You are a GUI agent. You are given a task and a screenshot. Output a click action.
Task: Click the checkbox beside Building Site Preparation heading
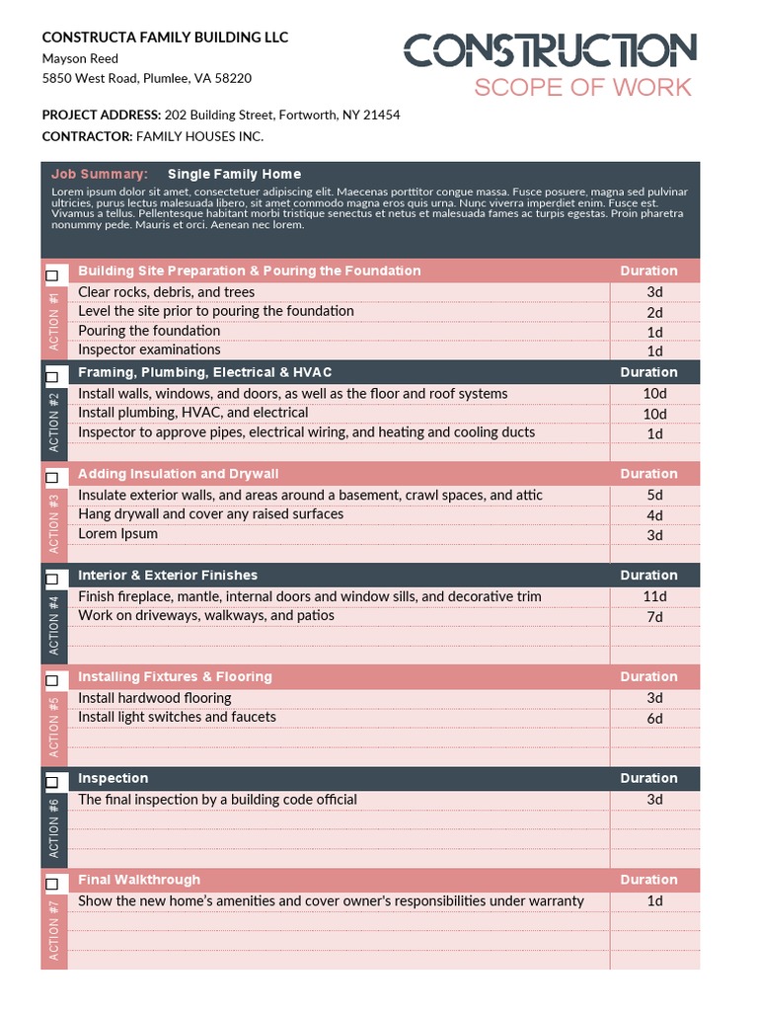(x=52, y=274)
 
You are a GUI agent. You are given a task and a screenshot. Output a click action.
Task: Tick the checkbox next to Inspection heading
(x=52, y=782)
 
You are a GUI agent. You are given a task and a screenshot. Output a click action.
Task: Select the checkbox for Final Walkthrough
(x=52, y=884)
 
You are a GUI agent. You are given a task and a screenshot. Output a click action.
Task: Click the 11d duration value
(x=654, y=596)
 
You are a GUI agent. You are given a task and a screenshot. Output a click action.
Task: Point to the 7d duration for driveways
(x=654, y=617)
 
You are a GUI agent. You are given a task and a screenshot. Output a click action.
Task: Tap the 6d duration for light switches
(x=654, y=719)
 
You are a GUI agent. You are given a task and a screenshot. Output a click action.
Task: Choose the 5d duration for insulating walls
(x=654, y=495)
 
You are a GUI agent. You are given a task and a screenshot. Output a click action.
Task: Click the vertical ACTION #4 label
(x=54, y=626)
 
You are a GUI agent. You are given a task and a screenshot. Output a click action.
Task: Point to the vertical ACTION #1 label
(x=54, y=322)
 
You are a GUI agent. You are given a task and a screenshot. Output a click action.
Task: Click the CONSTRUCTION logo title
(x=550, y=51)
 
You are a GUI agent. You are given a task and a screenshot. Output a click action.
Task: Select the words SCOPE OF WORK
(x=582, y=87)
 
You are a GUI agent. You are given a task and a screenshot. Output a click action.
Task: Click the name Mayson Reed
(x=80, y=58)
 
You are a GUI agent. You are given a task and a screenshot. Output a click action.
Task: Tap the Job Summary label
(x=100, y=174)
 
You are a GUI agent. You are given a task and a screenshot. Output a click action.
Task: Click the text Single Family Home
(x=234, y=174)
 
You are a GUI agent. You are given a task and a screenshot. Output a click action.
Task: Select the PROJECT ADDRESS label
(x=102, y=115)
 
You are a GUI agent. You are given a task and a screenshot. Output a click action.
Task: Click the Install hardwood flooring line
(x=154, y=698)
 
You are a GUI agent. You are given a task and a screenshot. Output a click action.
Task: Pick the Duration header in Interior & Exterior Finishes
(x=648, y=575)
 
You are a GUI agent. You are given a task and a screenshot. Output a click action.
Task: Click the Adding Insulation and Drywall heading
(x=178, y=474)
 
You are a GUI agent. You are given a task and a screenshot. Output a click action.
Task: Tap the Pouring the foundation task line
(x=149, y=331)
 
